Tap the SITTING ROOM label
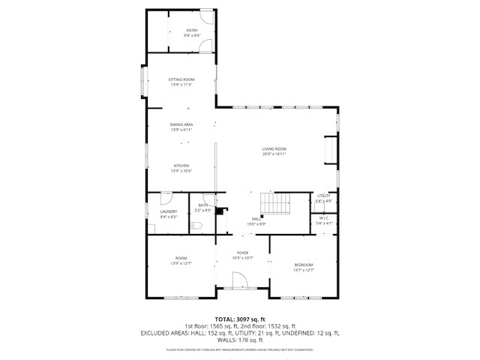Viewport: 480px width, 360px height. pyautogui.click(x=181, y=79)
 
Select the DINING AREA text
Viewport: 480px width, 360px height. pyautogui.click(x=181, y=124)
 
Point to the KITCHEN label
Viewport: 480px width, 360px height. pyautogui.click(x=181, y=166)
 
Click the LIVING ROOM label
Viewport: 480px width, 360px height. pyautogui.click(x=274, y=148)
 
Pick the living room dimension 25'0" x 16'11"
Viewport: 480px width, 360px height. pyautogui.click(x=274, y=154)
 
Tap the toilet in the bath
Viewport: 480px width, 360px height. pyautogui.click(x=196, y=225)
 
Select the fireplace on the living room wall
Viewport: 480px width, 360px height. pyautogui.click(x=329, y=151)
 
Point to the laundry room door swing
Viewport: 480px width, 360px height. pyautogui.click(x=166, y=199)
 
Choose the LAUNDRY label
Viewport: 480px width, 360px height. pyautogui.click(x=168, y=211)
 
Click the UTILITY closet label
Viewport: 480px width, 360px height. pyautogui.click(x=323, y=196)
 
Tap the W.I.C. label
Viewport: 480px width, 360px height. pyautogui.click(x=323, y=218)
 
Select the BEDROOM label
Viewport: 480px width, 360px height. pyautogui.click(x=303, y=265)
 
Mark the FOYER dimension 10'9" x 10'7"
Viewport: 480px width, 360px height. pyautogui.click(x=243, y=258)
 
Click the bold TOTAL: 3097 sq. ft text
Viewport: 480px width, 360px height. pyautogui.click(x=240, y=319)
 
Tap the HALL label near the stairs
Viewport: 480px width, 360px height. pyautogui.click(x=256, y=218)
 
